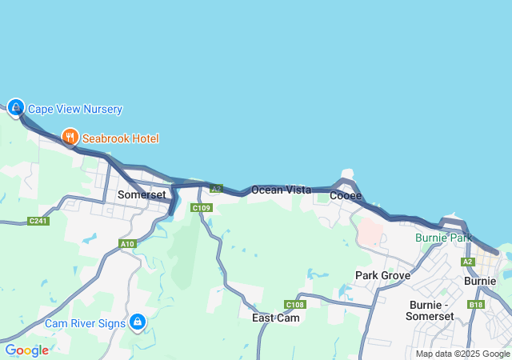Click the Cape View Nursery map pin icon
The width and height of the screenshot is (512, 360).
pyautogui.click(x=16, y=106)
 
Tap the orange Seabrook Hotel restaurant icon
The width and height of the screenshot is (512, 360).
pyautogui.click(x=70, y=138)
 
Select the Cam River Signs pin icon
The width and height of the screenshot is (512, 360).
pyautogui.click(x=138, y=322)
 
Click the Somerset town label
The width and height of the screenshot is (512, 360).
pyautogui.click(x=142, y=194)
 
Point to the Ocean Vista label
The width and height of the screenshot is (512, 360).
pyautogui.click(x=281, y=190)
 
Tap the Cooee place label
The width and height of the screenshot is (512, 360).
pyautogui.click(x=346, y=195)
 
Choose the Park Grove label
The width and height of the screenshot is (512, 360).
pyautogui.click(x=382, y=275)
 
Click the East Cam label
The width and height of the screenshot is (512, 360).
pyautogui.click(x=276, y=318)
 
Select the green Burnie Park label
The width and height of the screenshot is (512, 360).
pyautogui.click(x=442, y=238)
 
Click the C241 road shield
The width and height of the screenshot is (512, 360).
pyautogui.click(x=38, y=221)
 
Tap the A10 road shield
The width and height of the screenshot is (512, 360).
pyautogui.click(x=127, y=244)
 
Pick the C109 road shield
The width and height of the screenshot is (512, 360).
pyautogui.click(x=201, y=208)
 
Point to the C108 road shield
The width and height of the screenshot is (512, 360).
pyautogui.click(x=295, y=305)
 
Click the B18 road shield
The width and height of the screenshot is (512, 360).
pyautogui.click(x=477, y=305)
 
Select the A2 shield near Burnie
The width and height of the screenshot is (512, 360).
pyautogui.click(x=468, y=262)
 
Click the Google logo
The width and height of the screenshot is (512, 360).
pyautogui.click(x=26, y=350)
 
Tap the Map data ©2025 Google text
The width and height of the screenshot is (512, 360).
pyautogui.click(x=462, y=354)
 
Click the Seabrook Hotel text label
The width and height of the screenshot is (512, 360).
pyautogui.click(x=120, y=138)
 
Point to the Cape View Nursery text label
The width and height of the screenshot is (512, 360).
pyautogui.click(x=75, y=109)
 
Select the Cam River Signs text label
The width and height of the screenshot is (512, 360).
pyautogui.click(x=85, y=323)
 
